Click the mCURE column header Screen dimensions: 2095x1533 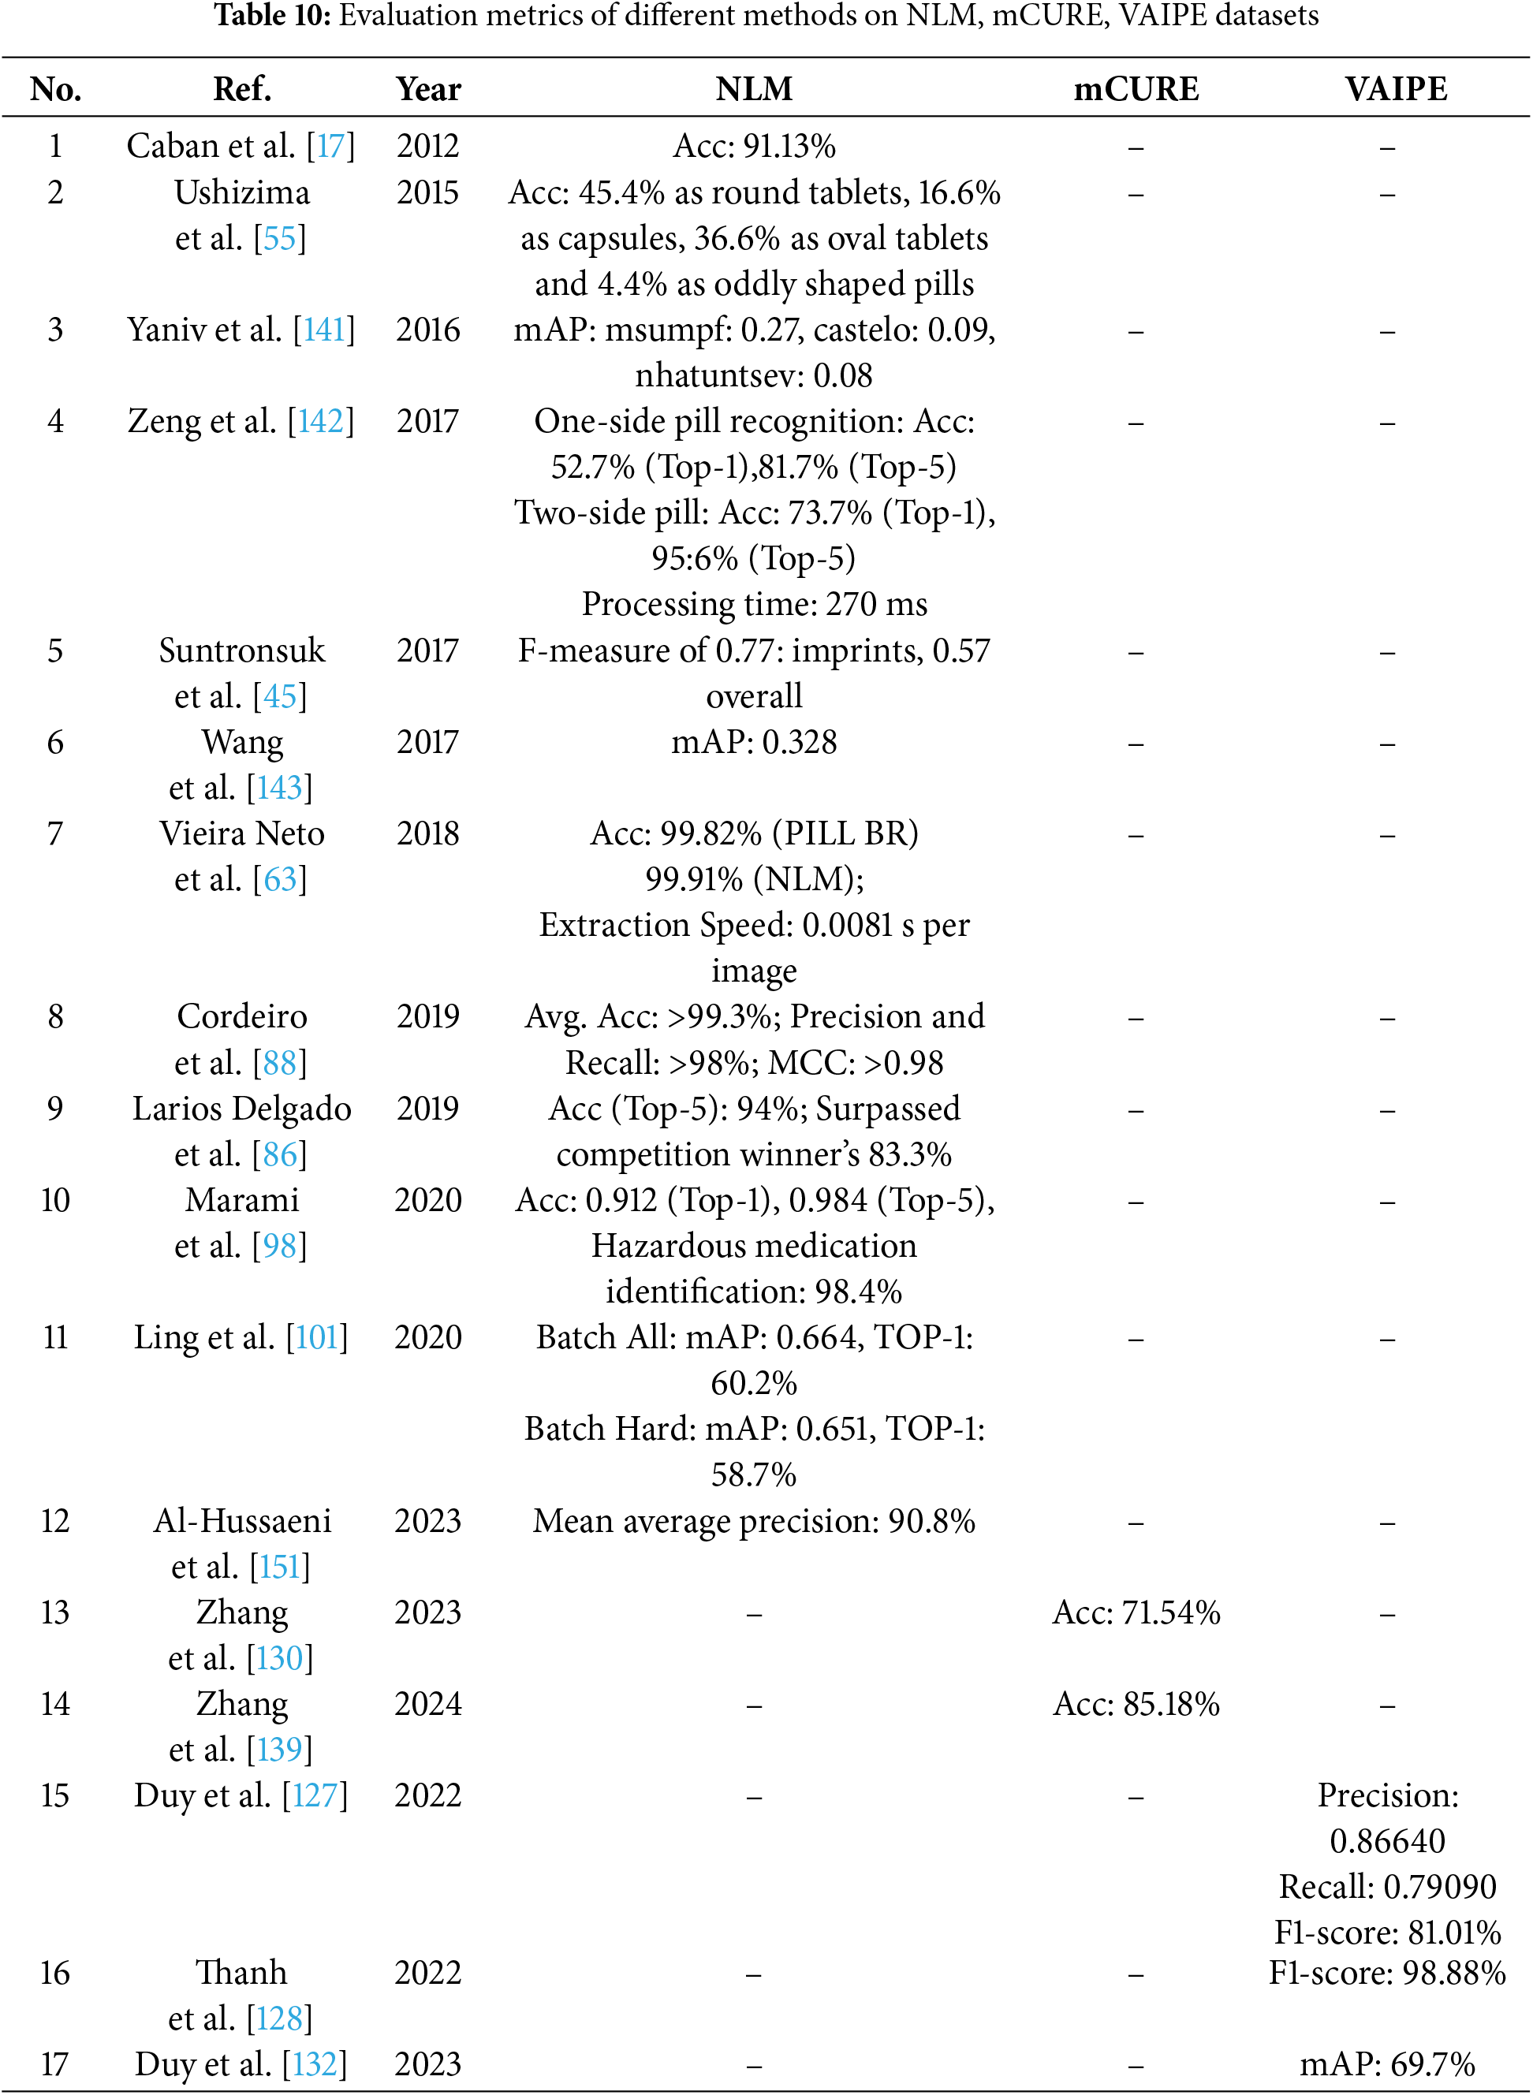1136,89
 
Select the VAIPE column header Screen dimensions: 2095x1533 1396,89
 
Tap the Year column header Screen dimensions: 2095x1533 427,89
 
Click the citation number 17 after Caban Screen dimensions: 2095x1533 330,146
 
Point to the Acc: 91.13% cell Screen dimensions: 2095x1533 754,146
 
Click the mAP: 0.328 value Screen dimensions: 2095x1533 754,742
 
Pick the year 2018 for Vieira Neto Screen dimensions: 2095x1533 427,833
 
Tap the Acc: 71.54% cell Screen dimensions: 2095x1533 1136,1612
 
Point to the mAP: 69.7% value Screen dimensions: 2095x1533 1386,2063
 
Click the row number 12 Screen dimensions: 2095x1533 56,1521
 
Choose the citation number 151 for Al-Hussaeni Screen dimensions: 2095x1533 279,1566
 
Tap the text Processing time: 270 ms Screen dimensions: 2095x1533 754,604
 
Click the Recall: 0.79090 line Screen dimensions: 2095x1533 1386,1886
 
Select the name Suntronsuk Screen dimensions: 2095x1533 241,650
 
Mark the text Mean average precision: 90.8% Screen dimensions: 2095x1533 754,1521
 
